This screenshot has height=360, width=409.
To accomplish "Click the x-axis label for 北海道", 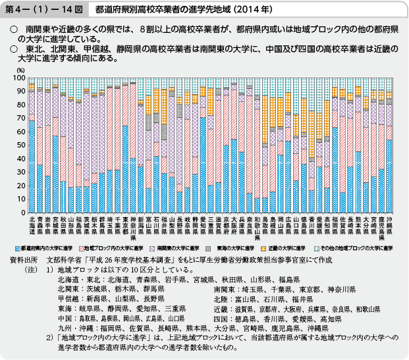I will click(x=32, y=225).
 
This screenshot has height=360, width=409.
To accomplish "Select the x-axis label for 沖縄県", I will click(x=389, y=225).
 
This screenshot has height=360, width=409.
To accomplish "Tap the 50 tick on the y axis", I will click(x=20, y=143).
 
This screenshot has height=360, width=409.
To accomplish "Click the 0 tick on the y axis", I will click(x=22, y=209).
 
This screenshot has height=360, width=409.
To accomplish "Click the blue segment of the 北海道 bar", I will click(x=32, y=165).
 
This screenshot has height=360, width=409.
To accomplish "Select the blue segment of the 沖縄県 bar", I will click(x=389, y=174).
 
